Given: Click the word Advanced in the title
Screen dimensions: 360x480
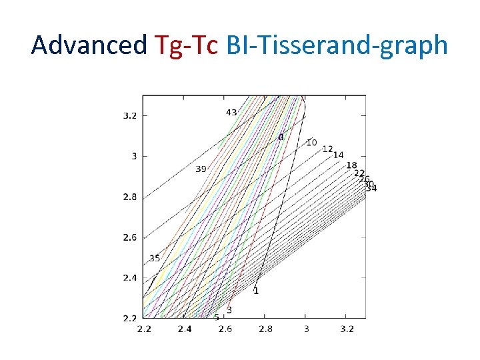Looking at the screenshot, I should [x=89, y=45].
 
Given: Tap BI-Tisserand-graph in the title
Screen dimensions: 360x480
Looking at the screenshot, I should [x=337, y=45].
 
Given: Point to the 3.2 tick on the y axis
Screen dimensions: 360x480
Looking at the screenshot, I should [x=130, y=115].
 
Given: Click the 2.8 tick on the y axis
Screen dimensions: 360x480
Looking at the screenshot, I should [x=130, y=197].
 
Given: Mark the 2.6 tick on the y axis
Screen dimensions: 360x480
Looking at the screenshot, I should [x=130, y=237].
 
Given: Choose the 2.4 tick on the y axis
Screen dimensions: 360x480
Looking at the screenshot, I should [x=130, y=278].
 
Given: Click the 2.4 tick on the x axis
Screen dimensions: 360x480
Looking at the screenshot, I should [x=184, y=329].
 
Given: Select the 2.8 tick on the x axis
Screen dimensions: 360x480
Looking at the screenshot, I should [x=265, y=329].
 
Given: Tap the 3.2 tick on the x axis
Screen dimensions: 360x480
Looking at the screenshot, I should [x=347, y=329].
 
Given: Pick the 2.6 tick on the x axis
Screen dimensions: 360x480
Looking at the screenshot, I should [x=225, y=329].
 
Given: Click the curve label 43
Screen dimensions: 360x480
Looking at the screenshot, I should [x=231, y=113].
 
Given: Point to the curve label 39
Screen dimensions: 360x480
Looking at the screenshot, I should [x=201, y=169].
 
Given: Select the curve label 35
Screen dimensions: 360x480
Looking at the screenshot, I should [x=154, y=258].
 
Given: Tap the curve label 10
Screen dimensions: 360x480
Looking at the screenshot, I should [x=311, y=143].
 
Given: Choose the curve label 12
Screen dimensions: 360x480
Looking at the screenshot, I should [x=327, y=149].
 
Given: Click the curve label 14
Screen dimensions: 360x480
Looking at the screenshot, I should [x=339, y=155].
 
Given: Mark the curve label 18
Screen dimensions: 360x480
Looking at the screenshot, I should [x=352, y=165].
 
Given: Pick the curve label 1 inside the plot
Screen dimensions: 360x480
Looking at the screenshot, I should [x=256, y=291].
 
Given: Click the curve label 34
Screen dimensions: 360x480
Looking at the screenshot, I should [x=371, y=189].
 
